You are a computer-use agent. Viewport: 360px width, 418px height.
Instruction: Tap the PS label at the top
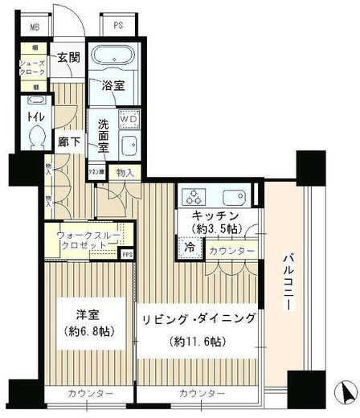coord(118,24)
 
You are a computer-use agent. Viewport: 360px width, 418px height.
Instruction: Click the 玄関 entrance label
coord(67,58)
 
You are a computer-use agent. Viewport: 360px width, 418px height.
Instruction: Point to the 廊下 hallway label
coord(67,142)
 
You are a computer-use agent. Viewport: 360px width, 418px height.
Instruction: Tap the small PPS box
coord(127,255)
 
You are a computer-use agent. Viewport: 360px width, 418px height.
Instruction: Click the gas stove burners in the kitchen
coord(195,198)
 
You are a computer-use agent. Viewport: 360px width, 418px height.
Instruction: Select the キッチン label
coord(213,215)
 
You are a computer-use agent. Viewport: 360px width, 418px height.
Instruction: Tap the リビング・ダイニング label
coord(200,320)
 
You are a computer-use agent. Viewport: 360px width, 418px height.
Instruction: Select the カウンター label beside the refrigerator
coord(231,252)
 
